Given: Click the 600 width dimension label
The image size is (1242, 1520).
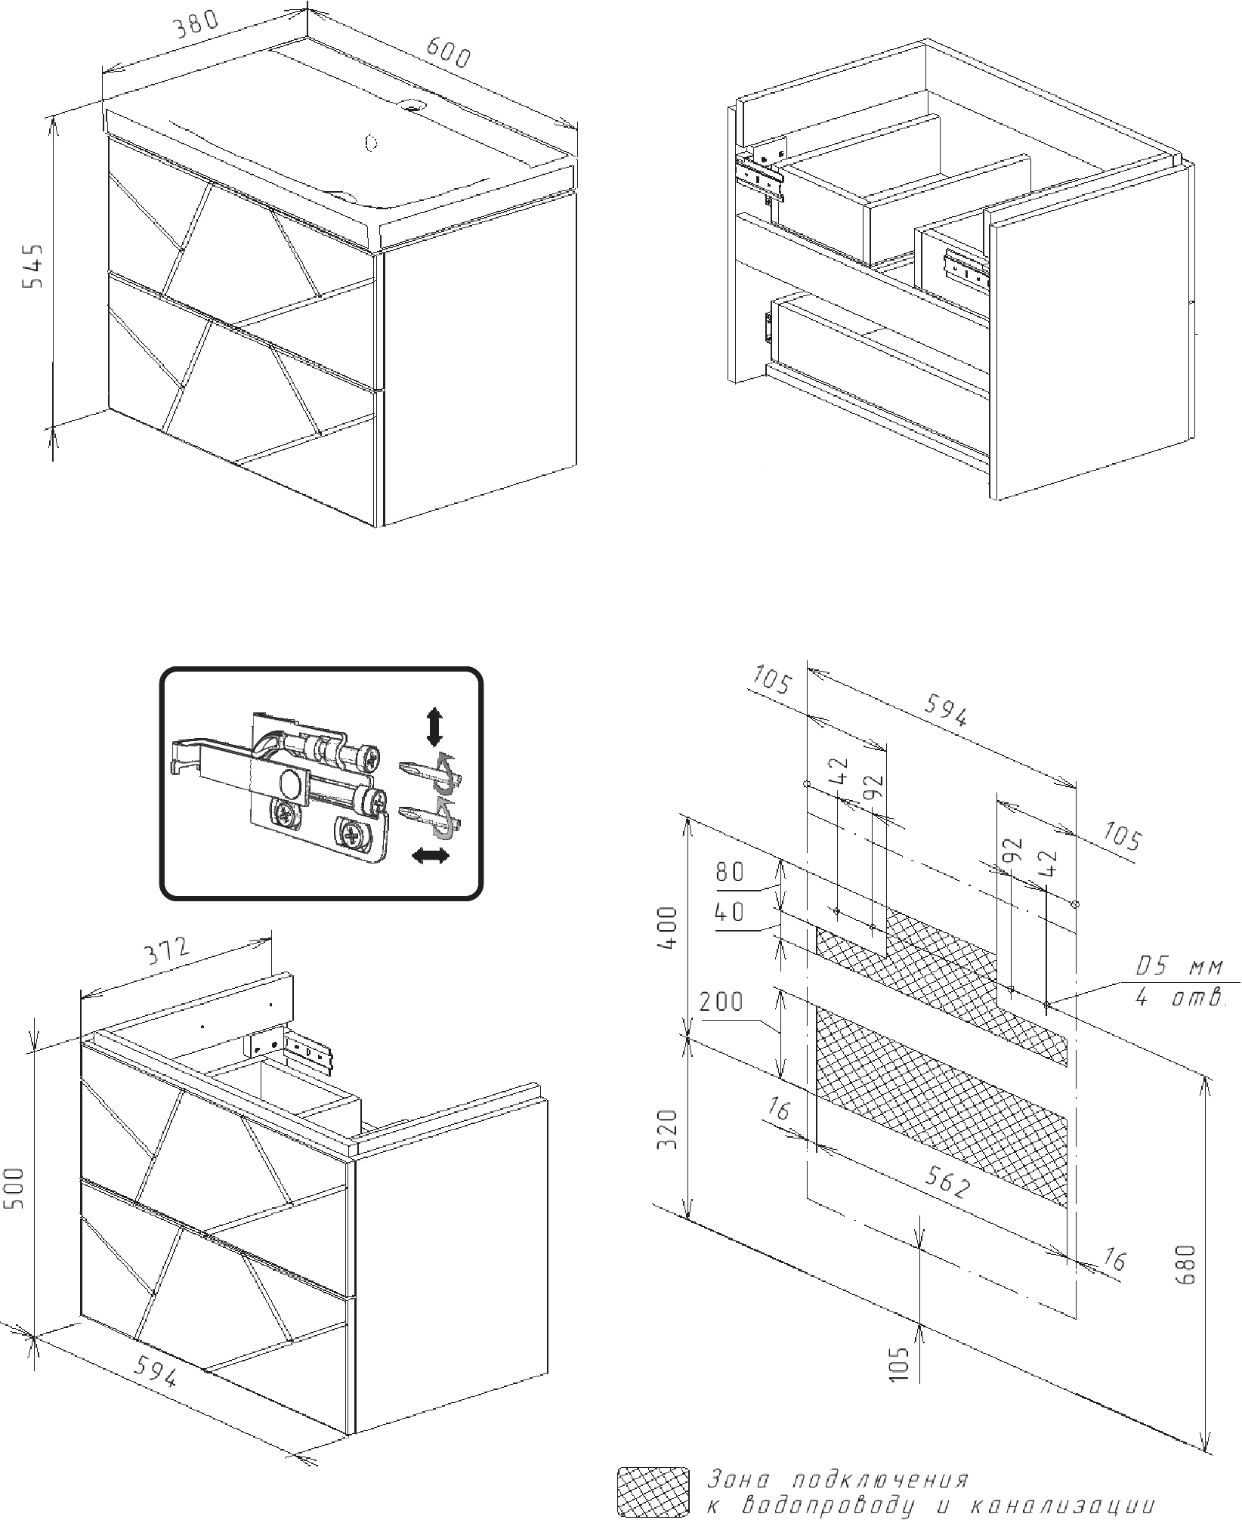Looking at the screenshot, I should tap(448, 53).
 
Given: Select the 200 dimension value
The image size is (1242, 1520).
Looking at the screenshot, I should tap(721, 1003).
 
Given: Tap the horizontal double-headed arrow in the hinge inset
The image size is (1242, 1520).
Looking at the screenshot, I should tap(430, 855).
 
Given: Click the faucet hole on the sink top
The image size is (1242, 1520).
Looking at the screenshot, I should tap(414, 107).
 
